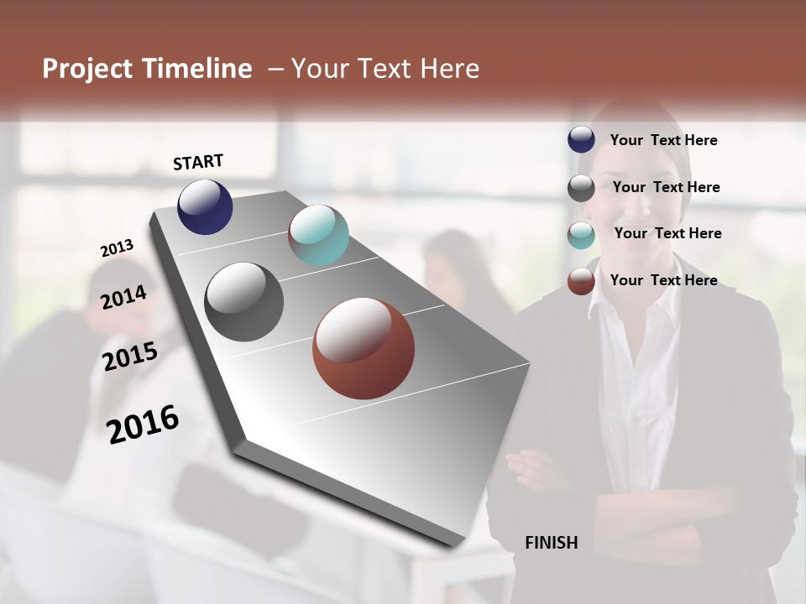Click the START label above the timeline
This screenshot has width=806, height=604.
coord(198,162)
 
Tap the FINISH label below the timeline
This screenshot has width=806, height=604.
coord(551,543)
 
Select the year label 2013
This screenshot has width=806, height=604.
coord(117,248)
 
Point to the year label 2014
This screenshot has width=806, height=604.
coord(123,297)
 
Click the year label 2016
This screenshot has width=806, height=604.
coord(143,424)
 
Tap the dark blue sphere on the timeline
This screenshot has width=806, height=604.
coord(205,206)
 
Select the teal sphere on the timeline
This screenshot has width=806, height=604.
coord(318,235)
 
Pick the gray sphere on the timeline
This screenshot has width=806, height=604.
coord(243,302)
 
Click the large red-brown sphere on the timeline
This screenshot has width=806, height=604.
coord(364,348)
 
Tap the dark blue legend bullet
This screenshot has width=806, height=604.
coord(581,140)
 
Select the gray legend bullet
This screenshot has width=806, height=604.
coord(581,187)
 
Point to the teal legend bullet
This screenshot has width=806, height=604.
coord(581,234)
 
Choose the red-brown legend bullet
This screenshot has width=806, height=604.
coord(581,281)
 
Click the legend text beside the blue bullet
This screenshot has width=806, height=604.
coord(663,140)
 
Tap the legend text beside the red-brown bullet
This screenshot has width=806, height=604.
coord(663,280)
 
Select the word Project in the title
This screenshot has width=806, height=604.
coord(87,69)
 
